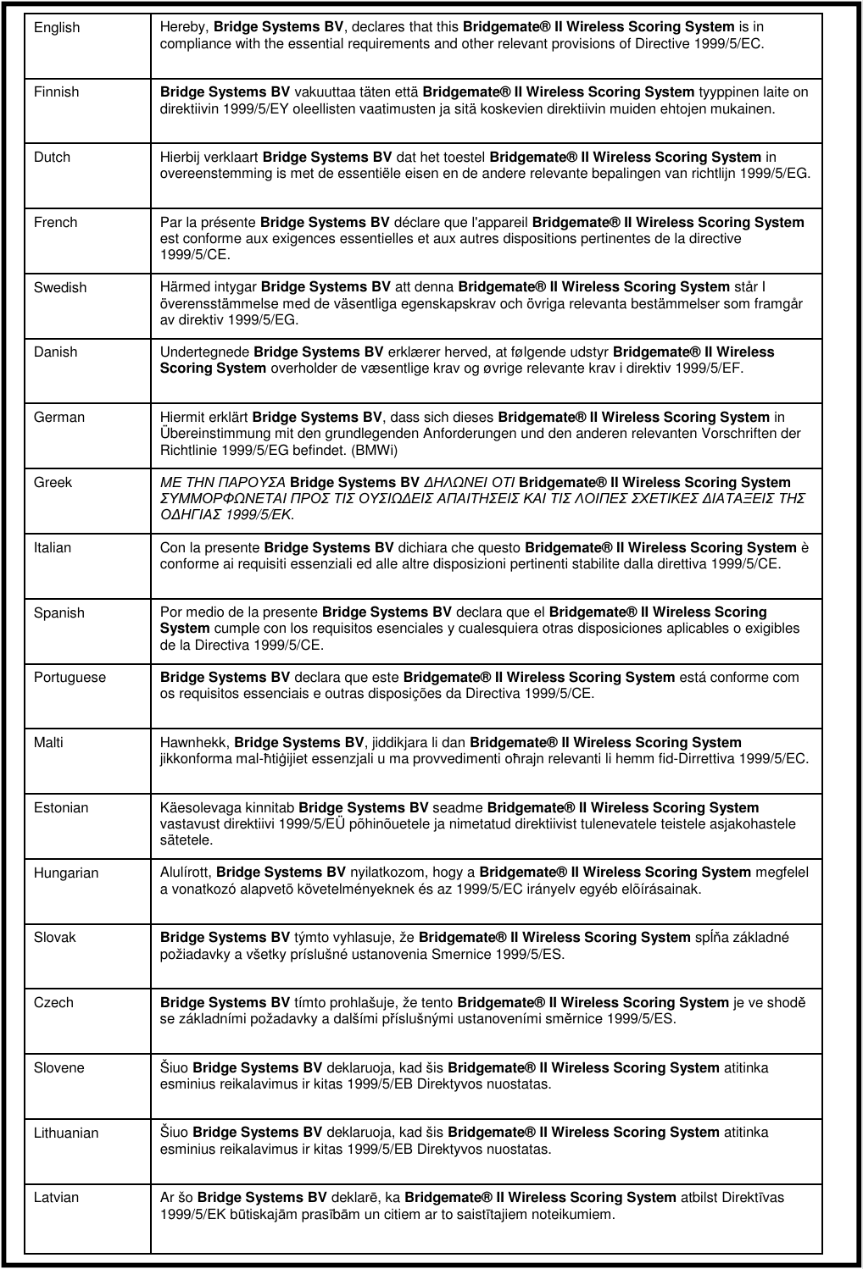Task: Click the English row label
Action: (57, 28)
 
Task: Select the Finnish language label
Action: (56, 92)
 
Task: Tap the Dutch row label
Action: (52, 158)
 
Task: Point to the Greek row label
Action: (53, 483)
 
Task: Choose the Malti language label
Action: (48, 743)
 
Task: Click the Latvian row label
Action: (56, 1198)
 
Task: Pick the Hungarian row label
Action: (66, 873)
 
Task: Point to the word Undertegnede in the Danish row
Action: (204, 352)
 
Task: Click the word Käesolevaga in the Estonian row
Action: (198, 808)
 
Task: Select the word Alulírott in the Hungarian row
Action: (186, 873)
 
